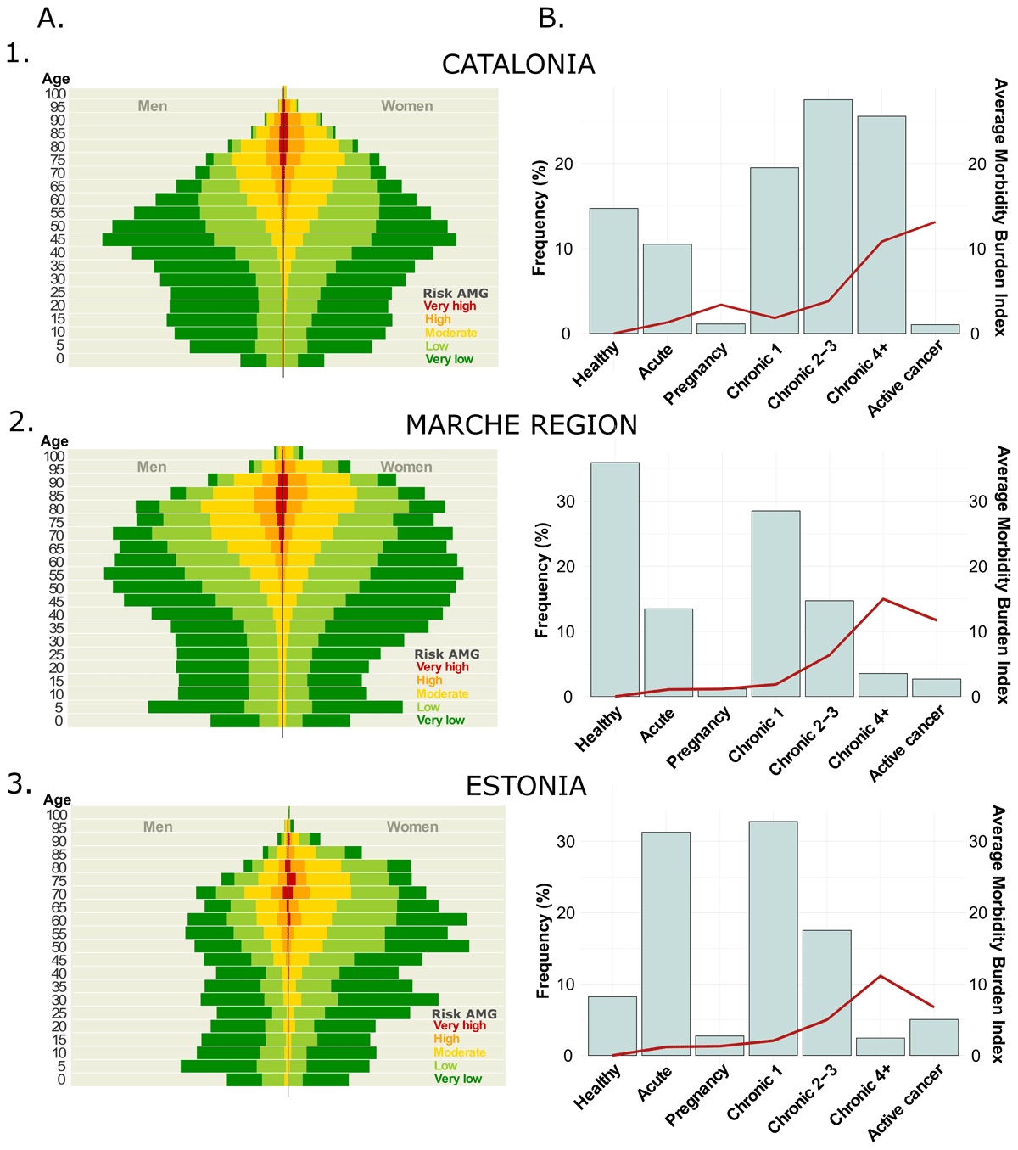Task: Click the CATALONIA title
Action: pyautogui.click(x=518, y=65)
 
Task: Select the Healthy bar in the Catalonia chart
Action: pyautogui.click(x=613, y=271)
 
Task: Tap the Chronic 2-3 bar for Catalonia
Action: pyautogui.click(x=828, y=216)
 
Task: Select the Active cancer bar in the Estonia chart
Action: pyautogui.click(x=933, y=1037)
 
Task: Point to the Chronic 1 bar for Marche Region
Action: pyautogui.click(x=775, y=603)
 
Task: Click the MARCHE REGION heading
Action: pyautogui.click(x=521, y=424)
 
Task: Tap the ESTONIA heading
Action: pyautogui.click(x=526, y=786)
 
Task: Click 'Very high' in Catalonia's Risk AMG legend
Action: pyautogui.click(x=450, y=306)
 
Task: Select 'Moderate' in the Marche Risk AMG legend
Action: pyautogui.click(x=442, y=693)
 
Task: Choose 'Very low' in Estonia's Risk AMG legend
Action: pyautogui.click(x=457, y=1079)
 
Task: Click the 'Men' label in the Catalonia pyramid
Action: pyautogui.click(x=153, y=106)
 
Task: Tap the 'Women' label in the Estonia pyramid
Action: pyautogui.click(x=412, y=827)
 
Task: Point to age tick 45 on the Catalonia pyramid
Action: pyautogui.click(x=57, y=239)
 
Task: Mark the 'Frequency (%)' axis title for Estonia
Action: pyautogui.click(x=544, y=940)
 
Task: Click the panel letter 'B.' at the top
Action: pyautogui.click(x=551, y=18)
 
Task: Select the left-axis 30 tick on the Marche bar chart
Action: pyautogui.click(x=565, y=502)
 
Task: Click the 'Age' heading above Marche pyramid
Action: pyautogui.click(x=54, y=441)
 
